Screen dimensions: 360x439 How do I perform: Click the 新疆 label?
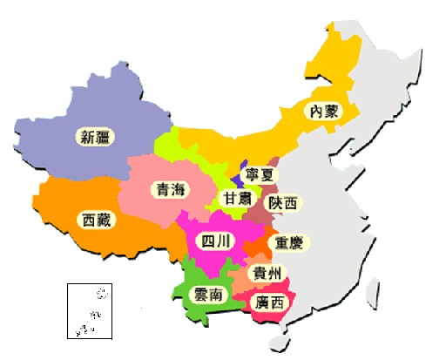95,136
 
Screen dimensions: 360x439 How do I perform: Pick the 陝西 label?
282,202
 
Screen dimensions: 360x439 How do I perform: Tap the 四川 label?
213,240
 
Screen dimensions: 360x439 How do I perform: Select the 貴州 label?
267,273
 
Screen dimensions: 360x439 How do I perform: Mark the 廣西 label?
267,302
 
